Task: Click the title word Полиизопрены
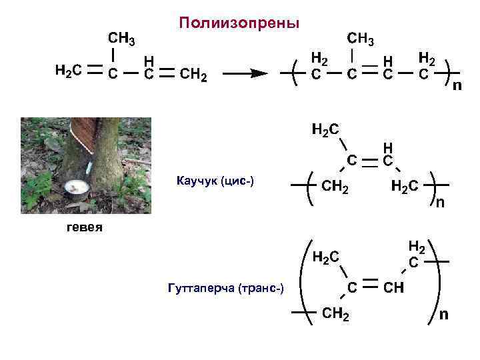[x=239, y=24]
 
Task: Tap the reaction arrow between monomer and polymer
[x=243, y=74]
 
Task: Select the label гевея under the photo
[x=84, y=228]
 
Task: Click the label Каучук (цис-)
[x=215, y=181]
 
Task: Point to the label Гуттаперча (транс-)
[x=227, y=287]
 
